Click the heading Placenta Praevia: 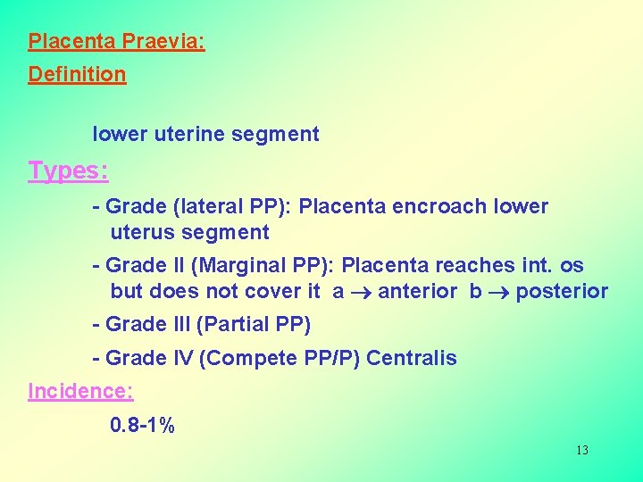(116, 42)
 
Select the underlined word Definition (77, 74)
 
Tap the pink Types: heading (68, 170)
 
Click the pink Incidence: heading (80, 391)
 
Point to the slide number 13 (581, 450)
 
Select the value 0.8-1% (142, 425)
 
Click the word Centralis (412, 359)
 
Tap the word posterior (562, 291)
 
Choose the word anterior (418, 291)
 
